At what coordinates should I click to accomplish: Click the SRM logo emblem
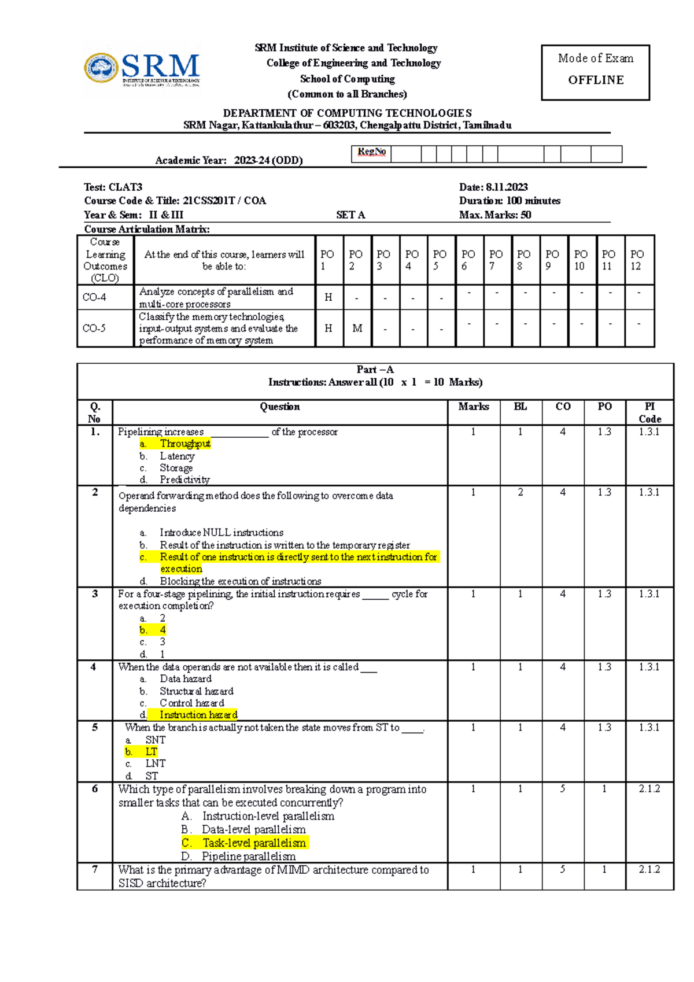pyautogui.click(x=102, y=68)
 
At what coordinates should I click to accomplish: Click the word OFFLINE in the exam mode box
pyautogui.click(x=596, y=80)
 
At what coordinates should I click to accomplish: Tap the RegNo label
pyautogui.click(x=371, y=152)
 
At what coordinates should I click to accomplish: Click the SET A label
pyautogui.click(x=350, y=215)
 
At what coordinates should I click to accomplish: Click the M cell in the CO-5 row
pyautogui.click(x=357, y=328)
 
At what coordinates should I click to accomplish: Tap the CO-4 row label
pyautogui.click(x=94, y=297)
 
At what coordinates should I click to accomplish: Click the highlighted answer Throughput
pyautogui.click(x=185, y=444)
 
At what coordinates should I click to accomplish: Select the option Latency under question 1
pyautogui.click(x=177, y=456)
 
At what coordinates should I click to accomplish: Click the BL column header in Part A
pyautogui.click(x=520, y=407)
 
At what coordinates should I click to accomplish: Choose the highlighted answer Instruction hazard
pyautogui.click(x=198, y=715)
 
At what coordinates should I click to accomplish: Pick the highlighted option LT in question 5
pyautogui.click(x=151, y=751)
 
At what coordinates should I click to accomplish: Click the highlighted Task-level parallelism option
pyautogui.click(x=254, y=843)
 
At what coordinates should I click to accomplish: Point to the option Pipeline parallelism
pyautogui.click(x=249, y=856)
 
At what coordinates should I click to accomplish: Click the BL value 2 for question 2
pyautogui.click(x=520, y=492)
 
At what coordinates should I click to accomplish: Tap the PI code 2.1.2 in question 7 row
pyautogui.click(x=649, y=869)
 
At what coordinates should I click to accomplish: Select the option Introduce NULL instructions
pyautogui.click(x=222, y=532)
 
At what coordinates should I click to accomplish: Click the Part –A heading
pyautogui.click(x=375, y=370)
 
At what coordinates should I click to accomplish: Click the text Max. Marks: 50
pyautogui.click(x=495, y=215)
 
